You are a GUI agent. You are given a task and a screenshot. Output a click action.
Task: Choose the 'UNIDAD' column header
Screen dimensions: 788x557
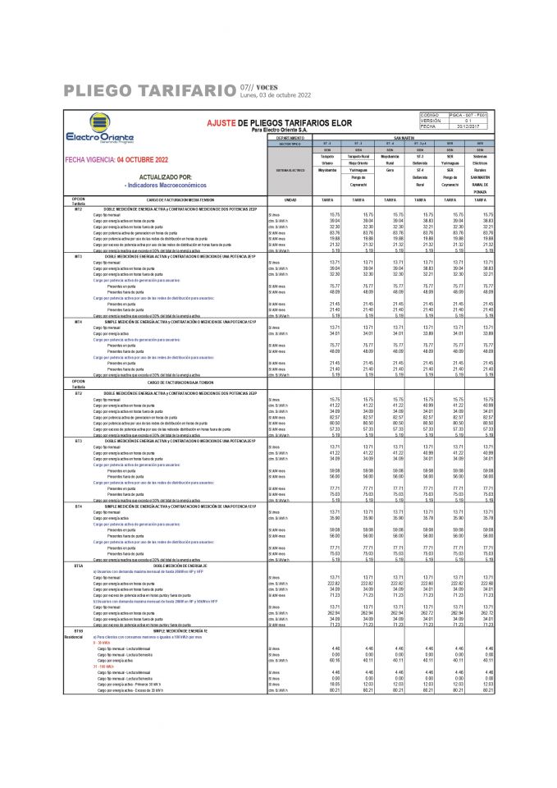coord(289,199)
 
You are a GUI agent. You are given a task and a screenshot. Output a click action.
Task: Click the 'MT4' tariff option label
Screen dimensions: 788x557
coord(79,322)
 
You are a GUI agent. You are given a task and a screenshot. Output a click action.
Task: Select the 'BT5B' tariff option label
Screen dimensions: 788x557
coord(79,629)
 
